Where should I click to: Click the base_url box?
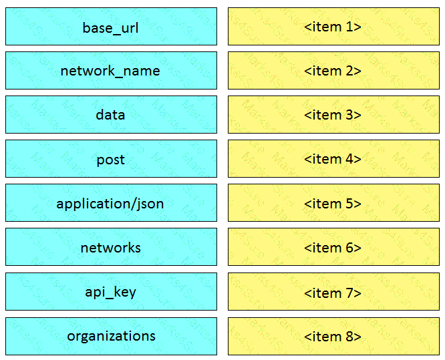[111, 27]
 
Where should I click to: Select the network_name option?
[111, 70]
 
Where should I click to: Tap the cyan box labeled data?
[111, 114]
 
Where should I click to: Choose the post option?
[111, 158]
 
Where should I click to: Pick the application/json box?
[111, 202]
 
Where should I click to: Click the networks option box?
[111, 247]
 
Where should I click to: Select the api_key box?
[111, 291]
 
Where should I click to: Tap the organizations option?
[111, 336]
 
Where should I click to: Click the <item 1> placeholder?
[334, 27]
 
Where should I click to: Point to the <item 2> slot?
[334, 70]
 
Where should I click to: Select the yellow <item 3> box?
[334, 114]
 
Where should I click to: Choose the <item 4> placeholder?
[334, 158]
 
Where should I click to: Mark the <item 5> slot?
[334, 202]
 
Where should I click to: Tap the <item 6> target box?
[334, 247]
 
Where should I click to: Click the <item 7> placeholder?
[334, 291]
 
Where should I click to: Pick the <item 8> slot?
[334, 336]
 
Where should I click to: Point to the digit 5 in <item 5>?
[349, 204]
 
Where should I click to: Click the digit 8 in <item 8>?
[349, 337]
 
